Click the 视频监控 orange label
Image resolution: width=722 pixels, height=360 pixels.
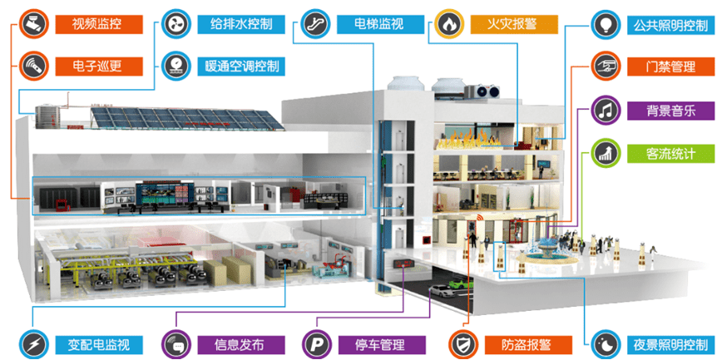(99, 24)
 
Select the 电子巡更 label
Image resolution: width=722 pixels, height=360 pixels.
(99, 66)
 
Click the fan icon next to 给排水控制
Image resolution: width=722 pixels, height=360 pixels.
(176, 24)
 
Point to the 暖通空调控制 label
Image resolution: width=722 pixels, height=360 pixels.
(241, 66)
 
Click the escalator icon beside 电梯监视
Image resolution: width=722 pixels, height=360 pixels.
(315, 24)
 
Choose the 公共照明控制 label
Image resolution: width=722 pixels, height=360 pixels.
(671, 25)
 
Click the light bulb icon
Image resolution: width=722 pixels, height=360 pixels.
(606, 25)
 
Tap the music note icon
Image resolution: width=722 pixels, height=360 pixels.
(606, 110)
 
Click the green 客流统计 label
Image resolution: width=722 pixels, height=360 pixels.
(671, 153)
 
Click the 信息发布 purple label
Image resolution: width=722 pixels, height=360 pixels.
(241, 344)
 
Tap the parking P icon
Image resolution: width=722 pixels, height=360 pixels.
(317, 344)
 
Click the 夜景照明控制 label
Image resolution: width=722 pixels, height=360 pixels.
(671, 344)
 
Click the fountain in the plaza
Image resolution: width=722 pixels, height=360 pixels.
(544, 251)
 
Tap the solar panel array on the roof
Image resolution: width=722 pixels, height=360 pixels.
(187, 118)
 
